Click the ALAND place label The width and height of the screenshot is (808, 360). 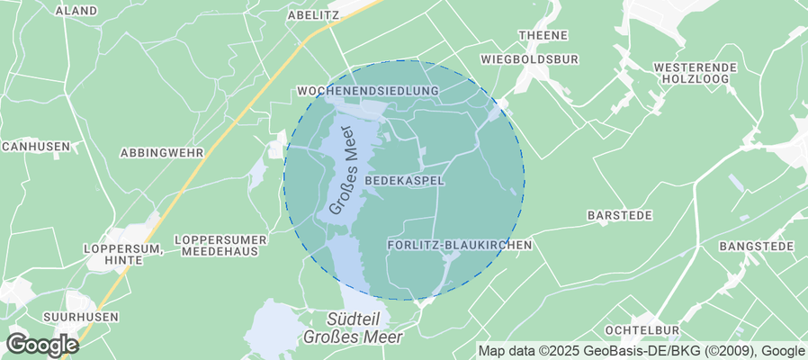click(76, 11)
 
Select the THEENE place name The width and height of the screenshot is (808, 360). click(543, 35)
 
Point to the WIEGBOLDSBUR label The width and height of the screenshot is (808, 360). click(529, 59)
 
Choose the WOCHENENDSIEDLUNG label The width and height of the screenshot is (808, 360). click(367, 92)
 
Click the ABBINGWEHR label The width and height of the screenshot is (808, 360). click(162, 153)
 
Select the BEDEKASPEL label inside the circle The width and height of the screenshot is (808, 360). click(405, 181)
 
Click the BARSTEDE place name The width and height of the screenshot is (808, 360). click(620, 217)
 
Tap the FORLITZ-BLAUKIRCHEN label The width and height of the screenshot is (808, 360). click(460, 245)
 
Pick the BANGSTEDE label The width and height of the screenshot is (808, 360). click(756, 246)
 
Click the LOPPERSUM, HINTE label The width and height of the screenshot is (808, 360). click(121, 253)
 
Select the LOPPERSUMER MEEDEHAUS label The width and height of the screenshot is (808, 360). click(220, 246)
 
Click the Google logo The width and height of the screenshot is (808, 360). click(42, 344)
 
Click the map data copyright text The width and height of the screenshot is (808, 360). click(641, 351)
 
